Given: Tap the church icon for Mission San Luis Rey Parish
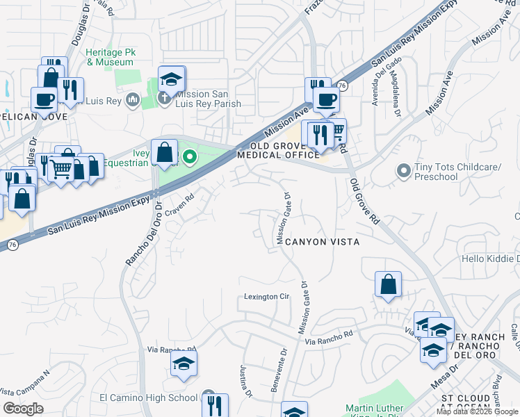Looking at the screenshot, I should click(164, 98).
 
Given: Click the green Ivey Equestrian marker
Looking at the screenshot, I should click(188, 158).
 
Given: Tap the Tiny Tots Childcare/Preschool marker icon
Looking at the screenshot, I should click(403, 170).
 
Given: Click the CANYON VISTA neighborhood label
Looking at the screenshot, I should click(322, 242).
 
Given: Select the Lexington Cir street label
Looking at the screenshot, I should click(266, 297).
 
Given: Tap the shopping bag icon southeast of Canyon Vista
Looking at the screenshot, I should click(388, 284).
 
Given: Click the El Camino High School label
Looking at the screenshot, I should click(149, 398).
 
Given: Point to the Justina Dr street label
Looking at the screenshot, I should click(245, 382).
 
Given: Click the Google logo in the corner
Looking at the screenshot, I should click(23, 409).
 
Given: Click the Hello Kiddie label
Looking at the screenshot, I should click(490, 259).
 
